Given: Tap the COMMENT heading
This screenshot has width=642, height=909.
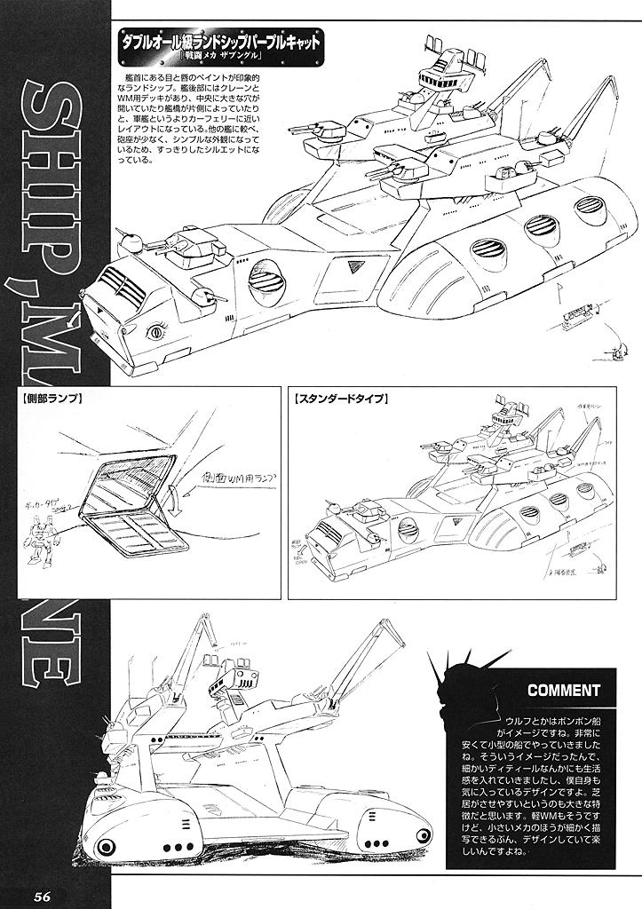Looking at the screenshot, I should pos(564,690).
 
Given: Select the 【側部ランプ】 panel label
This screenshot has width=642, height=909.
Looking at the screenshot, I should pos(51,399).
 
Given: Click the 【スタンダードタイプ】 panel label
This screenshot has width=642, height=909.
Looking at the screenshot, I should pos(341,399).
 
